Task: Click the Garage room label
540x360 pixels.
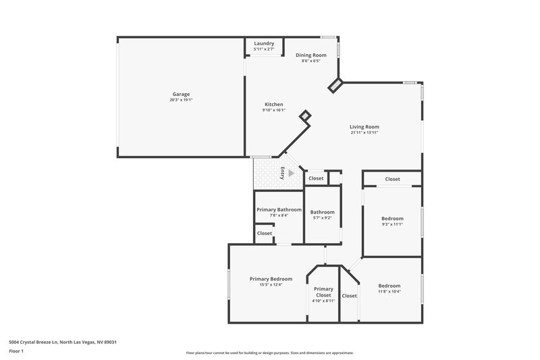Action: point(181,94)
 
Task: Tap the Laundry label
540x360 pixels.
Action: point(264,43)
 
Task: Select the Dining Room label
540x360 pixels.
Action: point(311,55)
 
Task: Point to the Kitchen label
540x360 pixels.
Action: point(273,104)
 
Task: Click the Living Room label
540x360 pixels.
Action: point(364,126)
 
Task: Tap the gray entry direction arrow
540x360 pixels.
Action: point(291,173)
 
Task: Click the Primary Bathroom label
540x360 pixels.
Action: point(279,209)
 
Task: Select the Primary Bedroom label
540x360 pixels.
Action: point(271,279)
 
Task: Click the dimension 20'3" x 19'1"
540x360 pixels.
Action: point(181,100)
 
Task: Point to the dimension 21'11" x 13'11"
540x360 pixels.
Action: point(364,132)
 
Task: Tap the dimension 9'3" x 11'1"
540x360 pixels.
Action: point(392,224)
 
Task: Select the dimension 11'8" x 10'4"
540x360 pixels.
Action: point(389,291)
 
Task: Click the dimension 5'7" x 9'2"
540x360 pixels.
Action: point(323,217)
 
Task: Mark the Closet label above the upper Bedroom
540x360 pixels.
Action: point(392,179)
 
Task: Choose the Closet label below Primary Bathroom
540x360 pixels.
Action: point(264,233)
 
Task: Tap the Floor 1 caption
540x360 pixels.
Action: point(17,352)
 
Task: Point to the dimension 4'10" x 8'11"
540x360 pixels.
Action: point(323,301)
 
